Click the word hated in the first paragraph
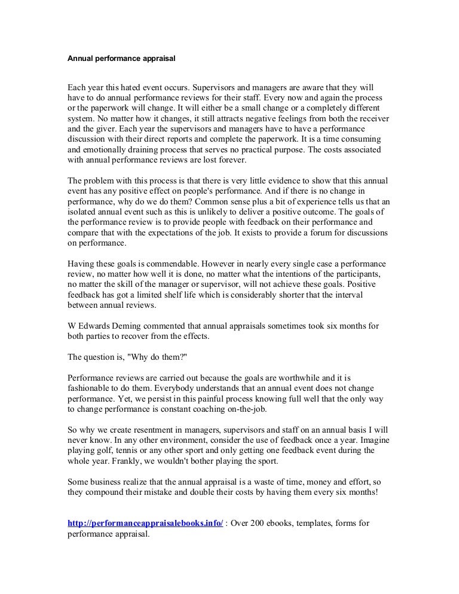coord(118,87)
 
